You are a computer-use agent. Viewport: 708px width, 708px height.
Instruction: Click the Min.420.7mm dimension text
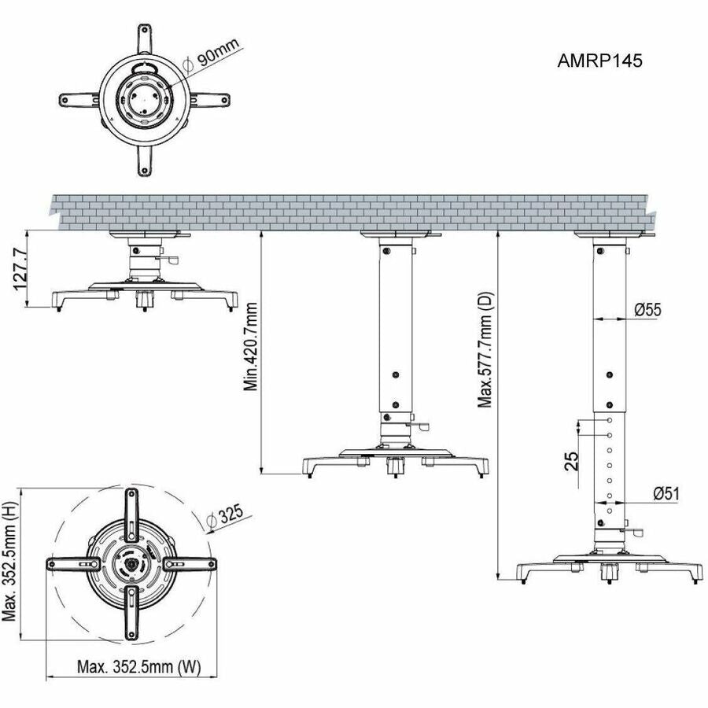[251, 347]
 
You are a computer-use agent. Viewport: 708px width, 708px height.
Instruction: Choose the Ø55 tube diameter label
[647, 310]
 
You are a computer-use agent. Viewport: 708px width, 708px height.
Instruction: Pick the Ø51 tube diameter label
[666, 493]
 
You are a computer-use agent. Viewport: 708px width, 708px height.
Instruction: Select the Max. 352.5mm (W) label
[138, 667]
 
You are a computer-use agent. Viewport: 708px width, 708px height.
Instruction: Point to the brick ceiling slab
[354, 211]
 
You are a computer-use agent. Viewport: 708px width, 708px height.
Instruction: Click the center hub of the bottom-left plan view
[131, 563]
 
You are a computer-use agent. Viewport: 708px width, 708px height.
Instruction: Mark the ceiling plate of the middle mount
[400, 234]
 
